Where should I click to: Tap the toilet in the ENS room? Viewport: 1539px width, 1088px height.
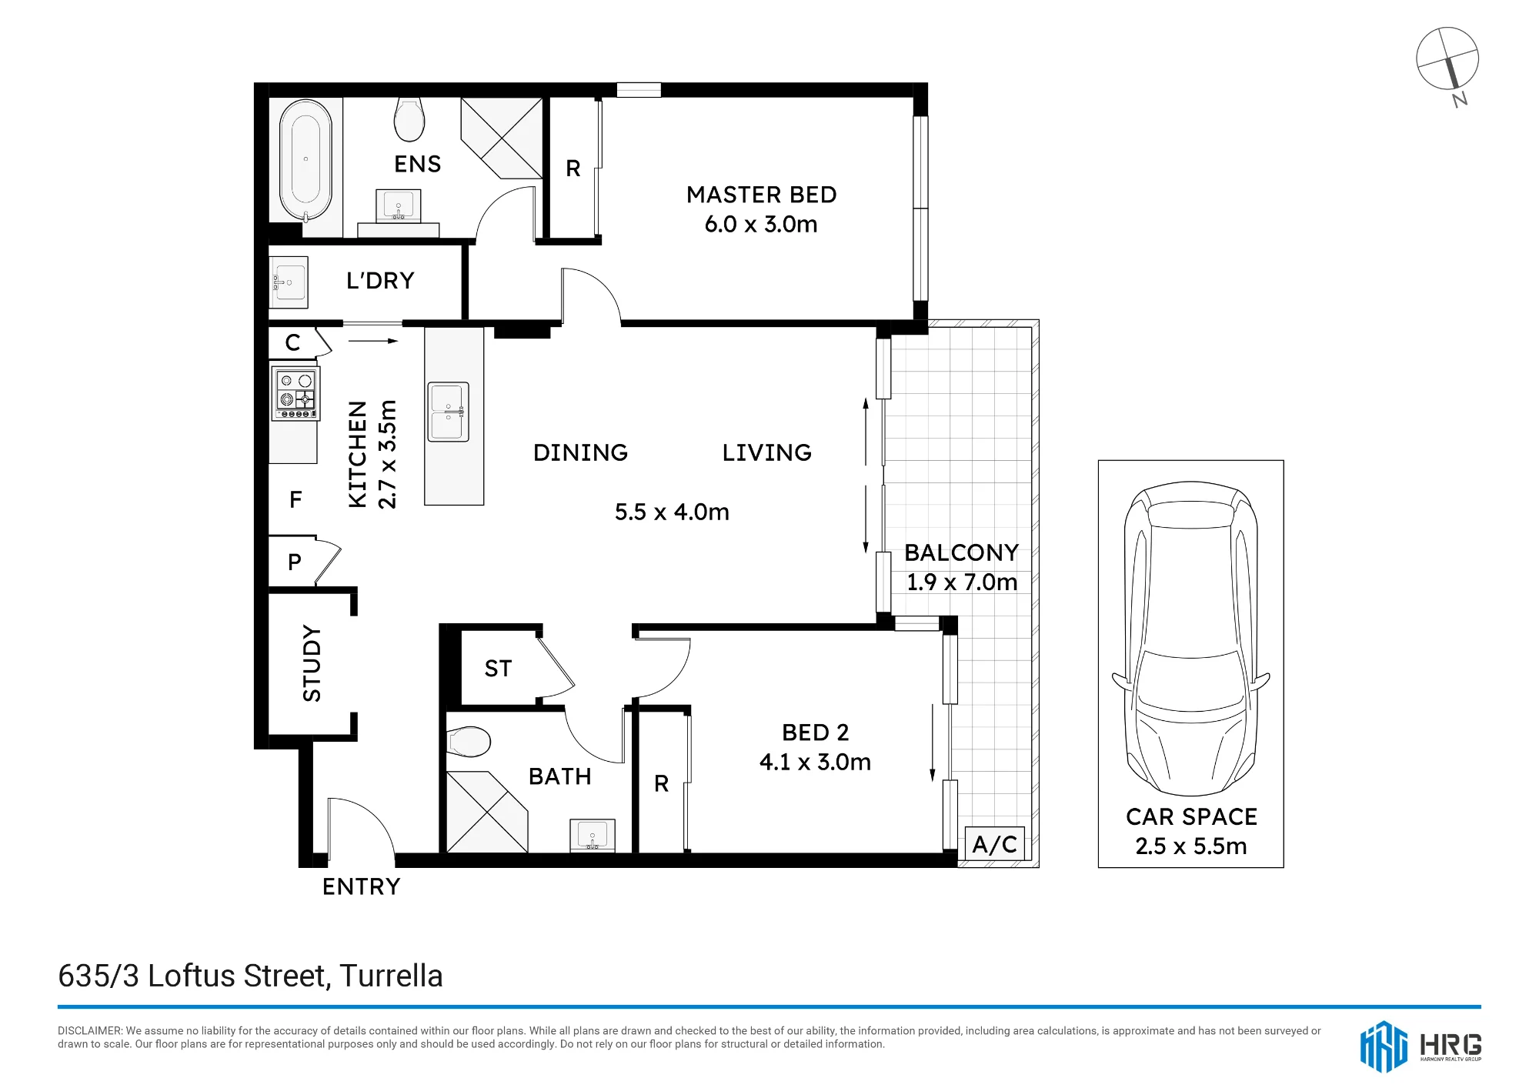(x=409, y=119)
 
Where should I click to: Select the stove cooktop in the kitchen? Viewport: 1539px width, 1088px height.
(x=296, y=393)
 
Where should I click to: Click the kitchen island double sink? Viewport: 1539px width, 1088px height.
(x=449, y=412)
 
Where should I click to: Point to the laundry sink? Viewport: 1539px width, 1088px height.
(x=289, y=282)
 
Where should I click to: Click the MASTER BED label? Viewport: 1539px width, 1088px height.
(x=762, y=195)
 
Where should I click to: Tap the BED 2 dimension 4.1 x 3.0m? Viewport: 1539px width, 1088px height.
(x=815, y=762)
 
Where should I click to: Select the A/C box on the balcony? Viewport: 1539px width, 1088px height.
(x=995, y=844)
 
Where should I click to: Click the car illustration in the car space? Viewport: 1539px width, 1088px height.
(x=1190, y=638)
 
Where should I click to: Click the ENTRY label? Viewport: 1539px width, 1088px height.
(x=362, y=886)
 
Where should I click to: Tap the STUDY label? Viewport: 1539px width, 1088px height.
(x=312, y=663)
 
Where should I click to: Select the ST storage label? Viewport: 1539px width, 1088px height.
(x=498, y=669)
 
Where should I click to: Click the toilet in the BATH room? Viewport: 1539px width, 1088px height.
(x=469, y=743)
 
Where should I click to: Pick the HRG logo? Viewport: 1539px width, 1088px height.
(x=1420, y=1046)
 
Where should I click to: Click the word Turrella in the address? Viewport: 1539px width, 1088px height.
(x=391, y=976)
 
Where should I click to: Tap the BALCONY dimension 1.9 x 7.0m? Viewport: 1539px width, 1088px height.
(x=962, y=582)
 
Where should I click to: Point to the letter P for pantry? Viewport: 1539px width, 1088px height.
(x=294, y=562)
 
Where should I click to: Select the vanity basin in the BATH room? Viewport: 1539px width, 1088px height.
(x=593, y=836)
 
